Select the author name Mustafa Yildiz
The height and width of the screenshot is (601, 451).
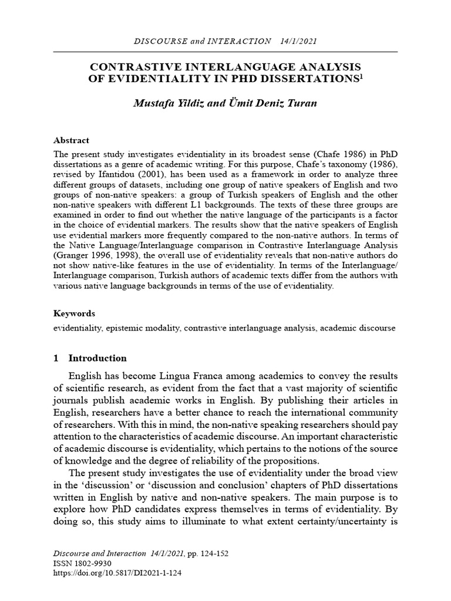click(x=170, y=104)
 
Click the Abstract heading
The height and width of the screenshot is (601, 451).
click(x=71, y=140)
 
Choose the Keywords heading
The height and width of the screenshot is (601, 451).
click(x=74, y=313)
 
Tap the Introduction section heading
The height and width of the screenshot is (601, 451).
click(x=97, y=358)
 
